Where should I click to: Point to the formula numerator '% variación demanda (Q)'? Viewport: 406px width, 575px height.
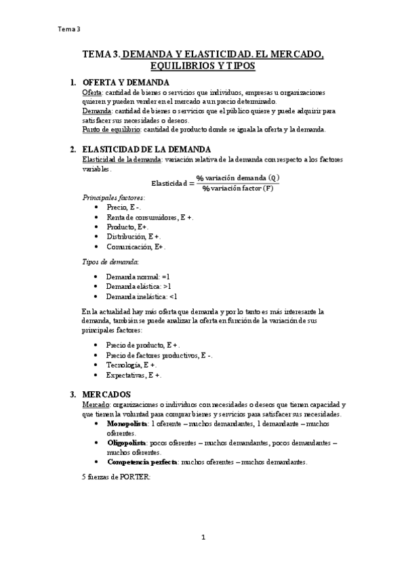[x=237, y=178]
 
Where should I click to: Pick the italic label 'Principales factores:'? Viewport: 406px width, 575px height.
[x=113, y=197]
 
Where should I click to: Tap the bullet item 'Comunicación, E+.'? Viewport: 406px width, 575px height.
[x=136, y=247]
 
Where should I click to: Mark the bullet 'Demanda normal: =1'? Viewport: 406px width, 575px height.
[x=138, y=277]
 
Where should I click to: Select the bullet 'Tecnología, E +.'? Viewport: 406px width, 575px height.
[x=131, y=365]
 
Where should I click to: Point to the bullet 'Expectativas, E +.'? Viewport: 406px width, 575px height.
[x=134, y=375]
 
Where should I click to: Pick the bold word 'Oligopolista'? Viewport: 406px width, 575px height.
[x=127, y=442]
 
